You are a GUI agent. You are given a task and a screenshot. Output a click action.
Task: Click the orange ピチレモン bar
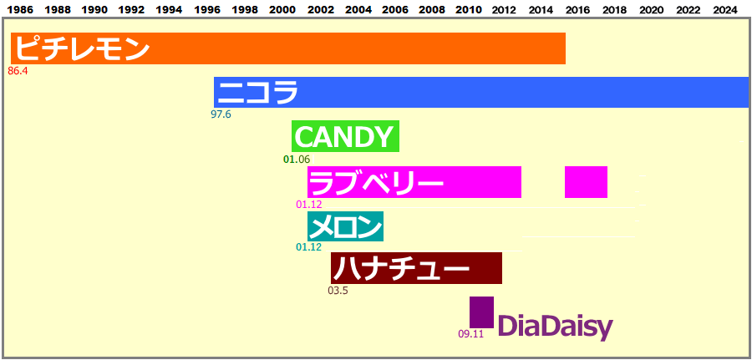click(x=288, y=48)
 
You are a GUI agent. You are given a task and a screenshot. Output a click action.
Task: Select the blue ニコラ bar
click(x=481, y=92)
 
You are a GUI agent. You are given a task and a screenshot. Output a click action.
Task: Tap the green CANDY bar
click(x=345, y=136)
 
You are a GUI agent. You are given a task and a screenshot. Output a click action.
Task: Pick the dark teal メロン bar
click(x=345, y=226)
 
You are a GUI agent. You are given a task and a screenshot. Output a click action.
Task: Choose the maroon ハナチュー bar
click(x=416, y=268)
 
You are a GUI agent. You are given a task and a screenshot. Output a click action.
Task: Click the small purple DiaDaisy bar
click(x=481, y=312)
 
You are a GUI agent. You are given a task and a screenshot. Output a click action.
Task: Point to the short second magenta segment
click(x=586, y=182)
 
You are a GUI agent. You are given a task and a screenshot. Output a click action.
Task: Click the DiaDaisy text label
click(x=556, y=327)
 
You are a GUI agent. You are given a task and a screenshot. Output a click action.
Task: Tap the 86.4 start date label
click(x=18, y=72)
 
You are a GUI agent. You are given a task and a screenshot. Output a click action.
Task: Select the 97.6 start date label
click(x=221, y=114)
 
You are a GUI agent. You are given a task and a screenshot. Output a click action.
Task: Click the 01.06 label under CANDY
click(x=297, y=160)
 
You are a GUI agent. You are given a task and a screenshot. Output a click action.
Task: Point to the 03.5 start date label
click(x=338, y=291)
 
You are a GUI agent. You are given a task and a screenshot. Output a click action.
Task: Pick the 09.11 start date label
click(x=470, y=334)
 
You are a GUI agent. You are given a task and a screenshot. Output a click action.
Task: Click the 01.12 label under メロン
click(x=309, y=247)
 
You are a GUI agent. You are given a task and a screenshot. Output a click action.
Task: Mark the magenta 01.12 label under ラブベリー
click(x=309, y=205)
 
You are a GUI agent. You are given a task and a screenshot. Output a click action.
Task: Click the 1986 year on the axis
click(x=21, y=9)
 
